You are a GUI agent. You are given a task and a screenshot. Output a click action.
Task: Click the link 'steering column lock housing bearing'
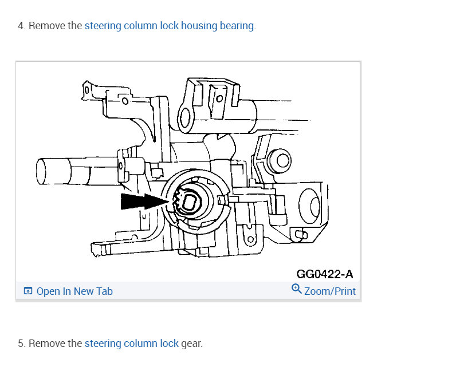[x=169, y=26]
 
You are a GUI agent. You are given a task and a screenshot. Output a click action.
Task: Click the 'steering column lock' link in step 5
[x=131, y=344]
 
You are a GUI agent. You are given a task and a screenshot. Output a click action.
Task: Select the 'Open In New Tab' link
[x=74, y=291]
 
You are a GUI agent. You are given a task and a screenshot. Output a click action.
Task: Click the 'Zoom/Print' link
[x=330, y=291]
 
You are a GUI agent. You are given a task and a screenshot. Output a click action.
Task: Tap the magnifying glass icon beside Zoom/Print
[x=296, y=289]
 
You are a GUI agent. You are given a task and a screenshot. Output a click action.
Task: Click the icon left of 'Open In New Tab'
[x=28, y=291]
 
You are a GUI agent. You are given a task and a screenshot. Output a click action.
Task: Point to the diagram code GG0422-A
[x=325, y=274]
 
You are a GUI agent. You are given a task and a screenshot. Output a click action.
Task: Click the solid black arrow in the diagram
[x=144, y=202]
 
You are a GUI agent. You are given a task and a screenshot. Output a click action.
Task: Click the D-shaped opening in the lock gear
[x=188, y=203]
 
